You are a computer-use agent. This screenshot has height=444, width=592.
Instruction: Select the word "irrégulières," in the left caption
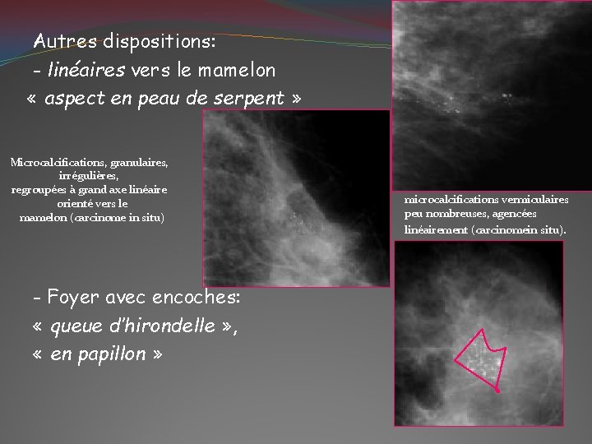coord(89,176)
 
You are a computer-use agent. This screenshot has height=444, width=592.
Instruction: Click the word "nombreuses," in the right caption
coord(458,215)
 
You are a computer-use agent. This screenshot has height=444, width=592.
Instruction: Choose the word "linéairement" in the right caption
coord(437,229)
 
